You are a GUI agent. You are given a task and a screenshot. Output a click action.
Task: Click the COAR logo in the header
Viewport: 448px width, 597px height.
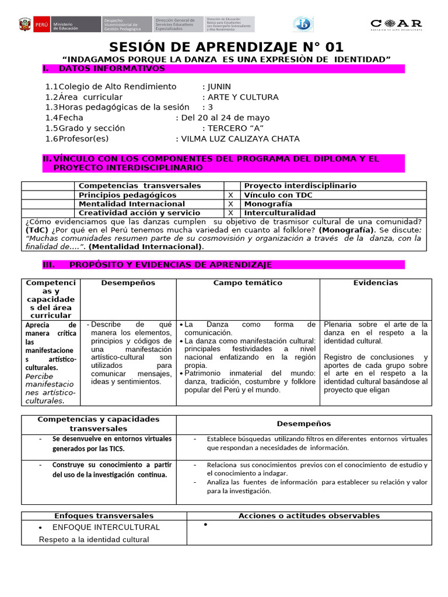pos(396,24)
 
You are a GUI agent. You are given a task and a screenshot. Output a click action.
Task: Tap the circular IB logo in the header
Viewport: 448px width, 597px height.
pos(303,24)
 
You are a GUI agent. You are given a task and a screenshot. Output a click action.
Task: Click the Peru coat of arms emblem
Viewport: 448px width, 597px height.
pos(25,24)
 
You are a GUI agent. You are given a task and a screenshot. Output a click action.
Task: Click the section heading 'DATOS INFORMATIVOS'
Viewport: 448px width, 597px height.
pos(112,69)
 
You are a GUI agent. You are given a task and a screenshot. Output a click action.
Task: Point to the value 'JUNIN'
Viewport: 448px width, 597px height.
pos(219,86)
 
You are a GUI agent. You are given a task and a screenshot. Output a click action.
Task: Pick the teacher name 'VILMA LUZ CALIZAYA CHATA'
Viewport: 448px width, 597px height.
pos(240,139)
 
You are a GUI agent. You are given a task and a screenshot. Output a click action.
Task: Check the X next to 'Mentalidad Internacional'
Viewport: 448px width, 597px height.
pos(230,204)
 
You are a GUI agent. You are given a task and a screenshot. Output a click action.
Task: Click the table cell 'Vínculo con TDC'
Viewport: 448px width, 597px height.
pos(278,195)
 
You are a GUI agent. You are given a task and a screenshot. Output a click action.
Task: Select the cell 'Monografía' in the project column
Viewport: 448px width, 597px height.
pos(268,204)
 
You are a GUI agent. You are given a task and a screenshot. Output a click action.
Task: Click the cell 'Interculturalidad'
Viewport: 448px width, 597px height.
pos(279,213)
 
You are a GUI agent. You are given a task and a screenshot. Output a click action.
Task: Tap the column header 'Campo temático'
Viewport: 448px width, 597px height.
pos(247,283)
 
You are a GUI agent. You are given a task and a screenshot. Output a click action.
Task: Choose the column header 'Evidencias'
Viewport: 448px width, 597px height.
pos(376,283)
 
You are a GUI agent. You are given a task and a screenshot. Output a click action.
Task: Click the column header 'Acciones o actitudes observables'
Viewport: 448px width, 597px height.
pos(309,516)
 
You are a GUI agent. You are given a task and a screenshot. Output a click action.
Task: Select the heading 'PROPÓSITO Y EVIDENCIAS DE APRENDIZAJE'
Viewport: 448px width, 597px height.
pos(170,265)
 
